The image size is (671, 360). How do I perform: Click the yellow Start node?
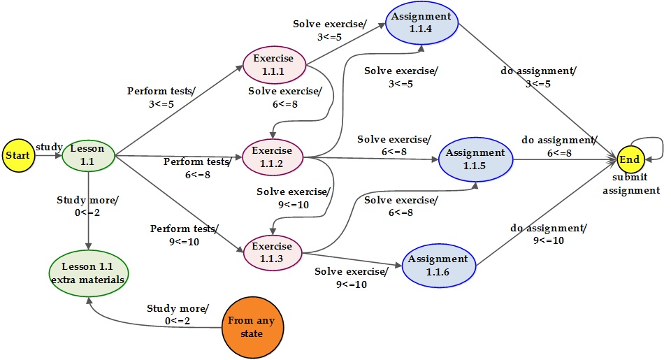point(18,155)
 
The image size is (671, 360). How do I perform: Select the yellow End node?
point(630,159)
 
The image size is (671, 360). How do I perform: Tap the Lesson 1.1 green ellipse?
point(88,155)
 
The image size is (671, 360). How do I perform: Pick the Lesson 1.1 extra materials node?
point(89,273)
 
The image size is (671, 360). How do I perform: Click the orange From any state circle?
point(252,327)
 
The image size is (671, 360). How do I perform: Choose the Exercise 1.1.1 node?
point(274,65)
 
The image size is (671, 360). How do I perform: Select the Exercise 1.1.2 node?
point(273,157)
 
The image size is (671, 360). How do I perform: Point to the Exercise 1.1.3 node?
point(273,252)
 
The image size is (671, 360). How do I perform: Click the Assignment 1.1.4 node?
point(421,22)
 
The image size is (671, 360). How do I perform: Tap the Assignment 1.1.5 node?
point(475,159)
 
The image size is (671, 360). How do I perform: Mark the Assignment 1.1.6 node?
point(439,266)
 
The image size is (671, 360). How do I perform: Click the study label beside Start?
point(49,147)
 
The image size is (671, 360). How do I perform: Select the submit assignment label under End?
point(631,184)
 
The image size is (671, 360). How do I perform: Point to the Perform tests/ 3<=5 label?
point(161,97)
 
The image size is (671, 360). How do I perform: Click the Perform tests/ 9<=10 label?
point(185,235)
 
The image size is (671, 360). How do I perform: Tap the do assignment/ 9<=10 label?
point(549,233)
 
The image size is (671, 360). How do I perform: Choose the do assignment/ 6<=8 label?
point(559,146)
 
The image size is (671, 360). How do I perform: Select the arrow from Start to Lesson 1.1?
point(48,155)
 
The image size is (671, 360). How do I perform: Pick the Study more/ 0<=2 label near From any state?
point(178,314)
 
